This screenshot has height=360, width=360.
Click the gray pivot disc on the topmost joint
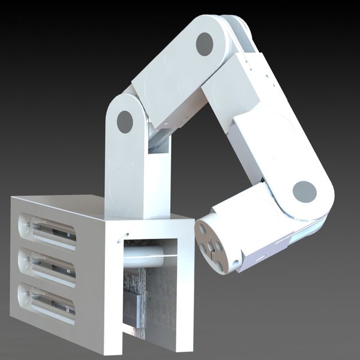tap(205, 43)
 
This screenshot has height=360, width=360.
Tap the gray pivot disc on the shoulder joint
tap(125, 122)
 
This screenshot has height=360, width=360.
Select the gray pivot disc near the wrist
tap(305, 192)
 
